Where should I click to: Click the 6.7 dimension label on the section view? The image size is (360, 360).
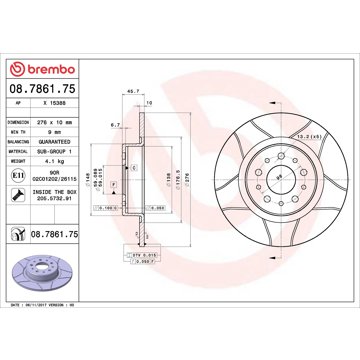[x=116, y=127]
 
